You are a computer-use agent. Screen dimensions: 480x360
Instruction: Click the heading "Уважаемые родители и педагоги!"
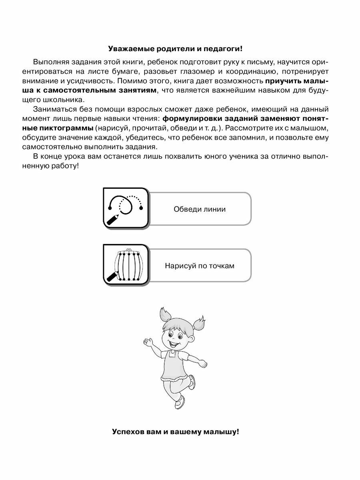point(176,49)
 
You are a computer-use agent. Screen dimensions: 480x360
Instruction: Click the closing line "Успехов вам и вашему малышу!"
point(176,432)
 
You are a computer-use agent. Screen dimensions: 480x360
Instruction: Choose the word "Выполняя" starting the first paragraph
point(50,63)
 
